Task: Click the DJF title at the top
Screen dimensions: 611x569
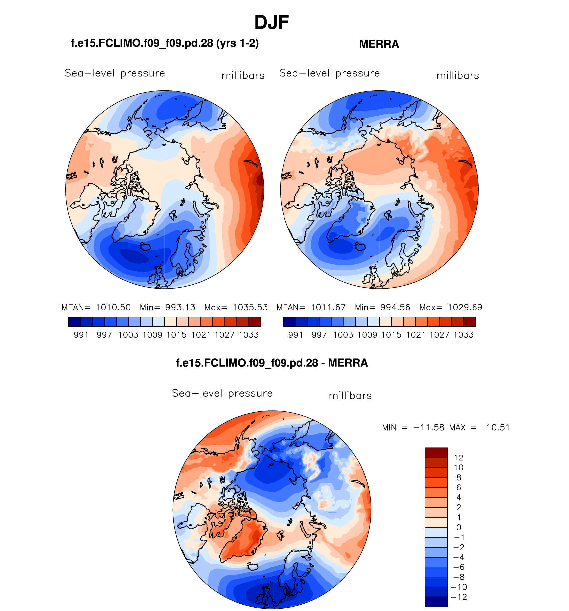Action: tap(272, 23)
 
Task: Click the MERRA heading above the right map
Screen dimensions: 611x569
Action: tap(379, 44)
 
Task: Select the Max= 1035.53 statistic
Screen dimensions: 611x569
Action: tap(236, 307)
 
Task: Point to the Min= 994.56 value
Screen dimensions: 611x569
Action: tap(382, 307)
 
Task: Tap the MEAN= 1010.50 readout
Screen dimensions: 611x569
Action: tap(96, 307)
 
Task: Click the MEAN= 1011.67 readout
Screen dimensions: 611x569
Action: tap(311, 307)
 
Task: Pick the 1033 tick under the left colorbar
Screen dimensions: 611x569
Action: tap(249, 335)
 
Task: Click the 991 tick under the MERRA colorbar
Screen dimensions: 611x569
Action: tap(296, 335)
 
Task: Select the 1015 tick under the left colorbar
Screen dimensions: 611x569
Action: tap(176, 335)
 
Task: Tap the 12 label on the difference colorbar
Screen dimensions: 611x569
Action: tap(458, 458)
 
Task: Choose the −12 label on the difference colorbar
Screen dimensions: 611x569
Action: tap(459, 597)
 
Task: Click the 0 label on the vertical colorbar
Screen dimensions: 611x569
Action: tap(459, 527)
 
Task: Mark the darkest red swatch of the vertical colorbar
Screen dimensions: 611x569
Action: tap(436, 453)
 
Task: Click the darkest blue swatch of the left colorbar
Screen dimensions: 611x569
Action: tap(74, 322)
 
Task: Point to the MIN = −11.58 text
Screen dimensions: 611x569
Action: tap(413, 427)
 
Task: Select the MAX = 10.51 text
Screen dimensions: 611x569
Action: tap(479, 427)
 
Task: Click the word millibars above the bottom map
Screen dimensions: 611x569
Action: tap(350, 396)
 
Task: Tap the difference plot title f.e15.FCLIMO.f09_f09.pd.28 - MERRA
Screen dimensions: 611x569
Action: tap(272, 363)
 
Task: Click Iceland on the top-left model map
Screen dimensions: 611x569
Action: tap(146, 246)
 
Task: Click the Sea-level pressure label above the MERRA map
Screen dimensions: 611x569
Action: tap(329, 73)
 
